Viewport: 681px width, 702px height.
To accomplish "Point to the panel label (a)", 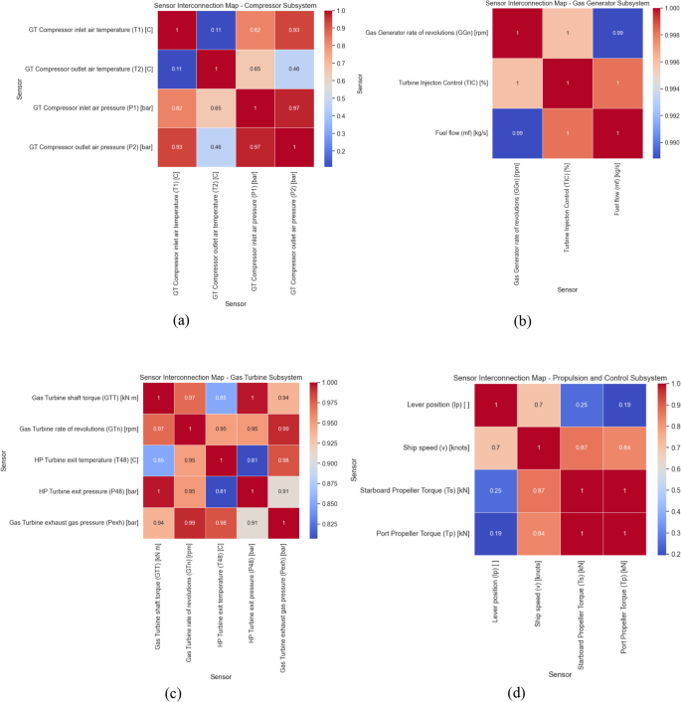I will pos(180,320).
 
